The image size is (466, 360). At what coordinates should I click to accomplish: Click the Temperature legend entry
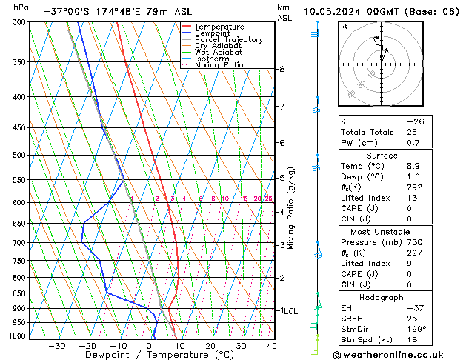click(x=219, y=27)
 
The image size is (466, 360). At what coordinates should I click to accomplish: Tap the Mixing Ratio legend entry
click(x=219, y=65)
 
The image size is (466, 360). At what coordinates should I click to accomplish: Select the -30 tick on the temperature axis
click(x=57, y=346)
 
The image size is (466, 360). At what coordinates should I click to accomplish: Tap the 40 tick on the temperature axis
click(x=272, y=346)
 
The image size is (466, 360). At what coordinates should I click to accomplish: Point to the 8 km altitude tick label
click(x=282, y=69)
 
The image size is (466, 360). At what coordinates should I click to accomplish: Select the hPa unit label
click(x=21, y=7)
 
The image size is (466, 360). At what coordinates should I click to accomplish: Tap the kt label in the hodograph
click(x=344, y=27)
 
